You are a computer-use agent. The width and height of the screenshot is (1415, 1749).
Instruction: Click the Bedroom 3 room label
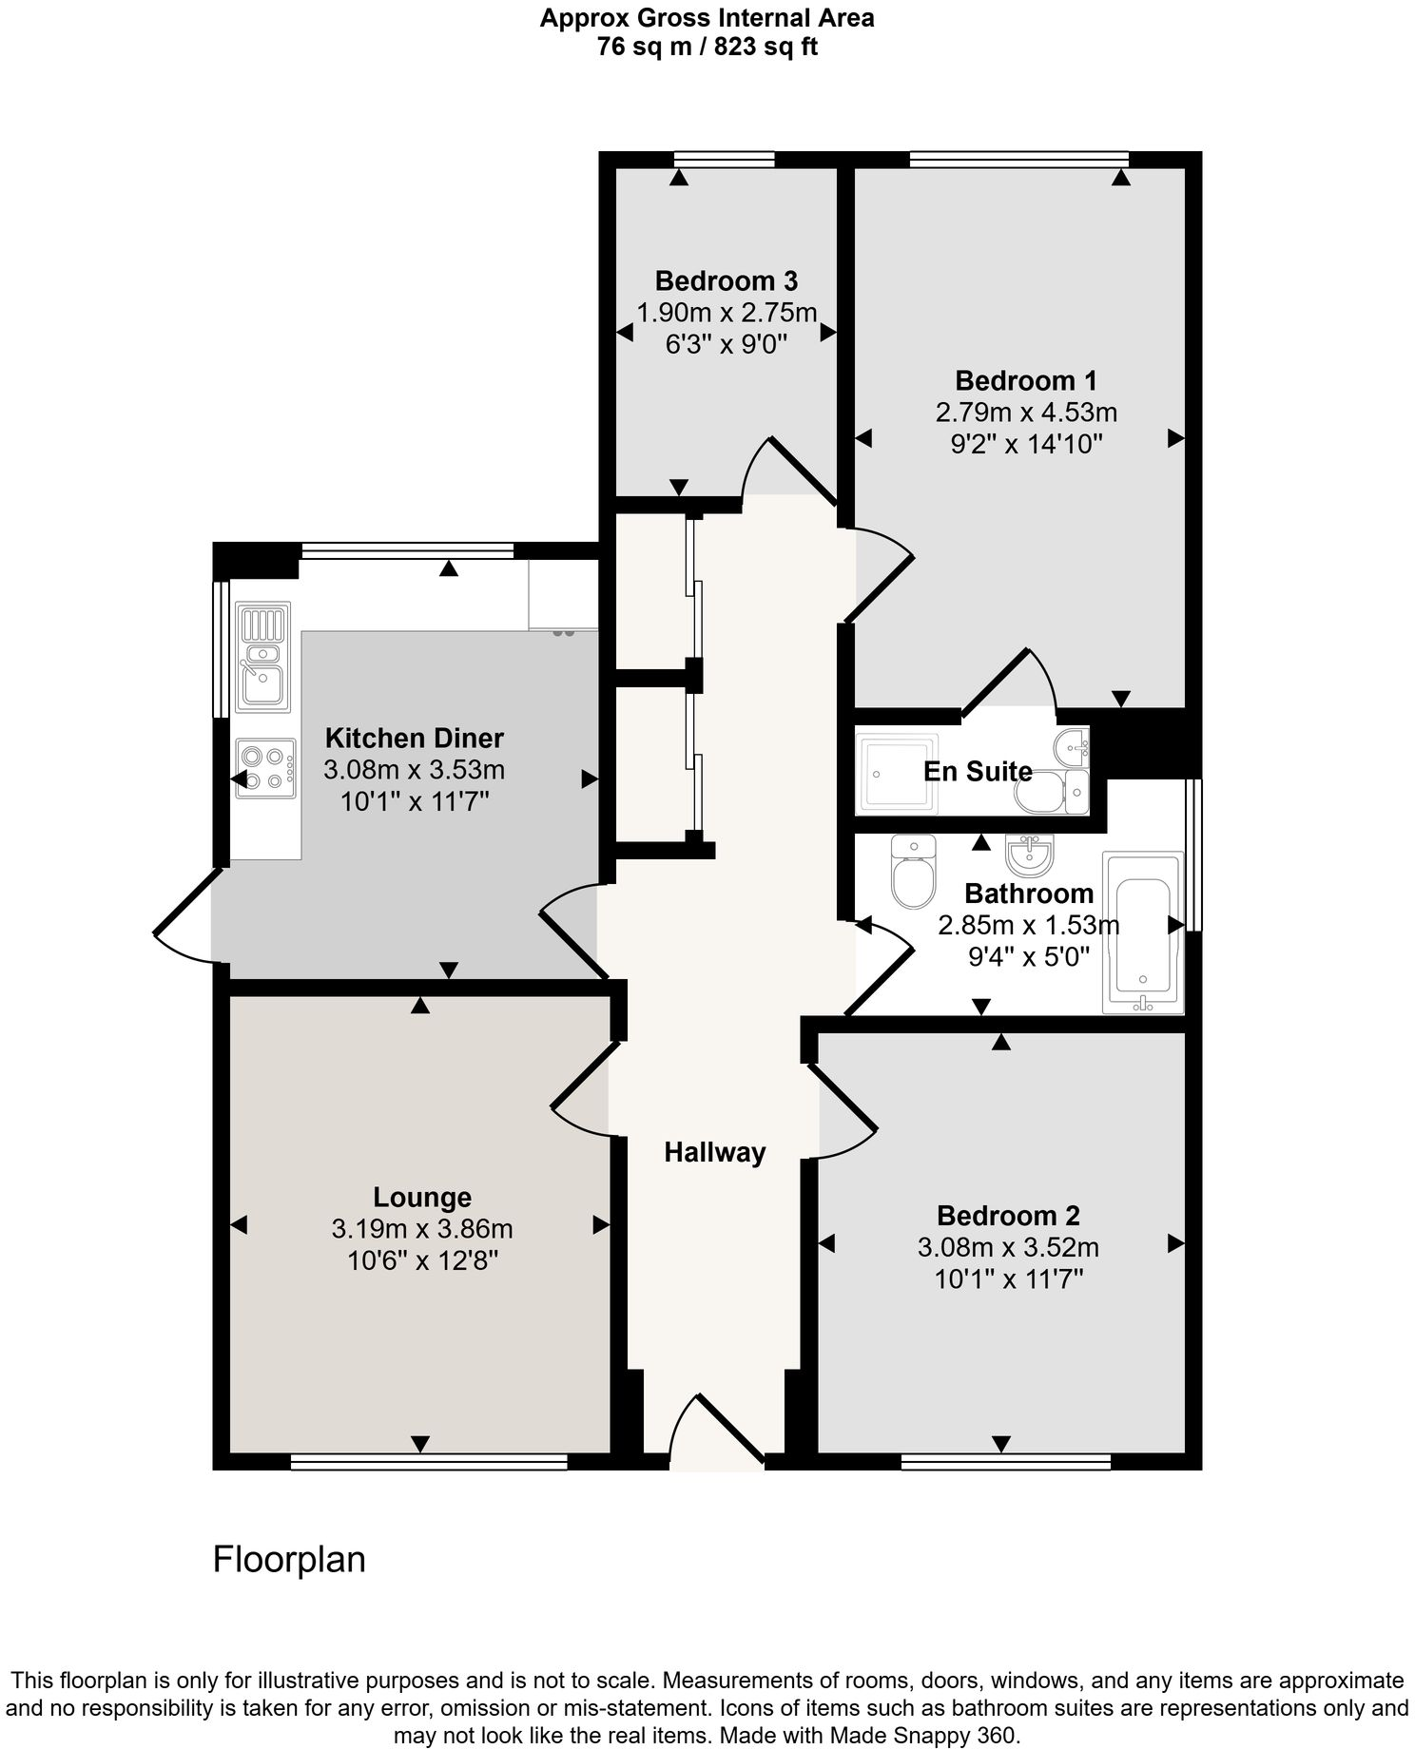tap(727, 281)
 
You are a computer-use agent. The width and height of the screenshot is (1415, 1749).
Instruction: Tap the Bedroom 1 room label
tap(1026, 381)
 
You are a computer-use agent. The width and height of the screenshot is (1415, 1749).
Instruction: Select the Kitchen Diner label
tap(415, 738)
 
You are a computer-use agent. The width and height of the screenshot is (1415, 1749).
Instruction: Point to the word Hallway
tap(715, 1153)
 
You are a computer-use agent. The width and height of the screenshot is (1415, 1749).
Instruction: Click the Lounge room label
tap(422, 1198)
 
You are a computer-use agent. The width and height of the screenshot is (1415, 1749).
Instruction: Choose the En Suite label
tap(979, 771)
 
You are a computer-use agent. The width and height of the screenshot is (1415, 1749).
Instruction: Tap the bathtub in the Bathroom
tap(1142, 932)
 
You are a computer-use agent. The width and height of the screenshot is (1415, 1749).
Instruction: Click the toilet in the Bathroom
tap(914, 870)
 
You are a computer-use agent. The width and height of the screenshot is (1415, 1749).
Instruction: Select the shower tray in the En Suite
tap(897, 773)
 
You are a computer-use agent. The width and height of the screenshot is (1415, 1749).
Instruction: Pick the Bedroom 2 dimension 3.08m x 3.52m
tap(1008, 1247)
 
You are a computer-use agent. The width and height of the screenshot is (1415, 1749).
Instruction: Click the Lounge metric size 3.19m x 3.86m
tap(422, 1229)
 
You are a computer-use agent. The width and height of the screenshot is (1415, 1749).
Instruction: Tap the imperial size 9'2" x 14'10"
tap(1026, 444)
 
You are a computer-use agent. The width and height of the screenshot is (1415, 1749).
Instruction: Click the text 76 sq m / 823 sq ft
tap(707, 47)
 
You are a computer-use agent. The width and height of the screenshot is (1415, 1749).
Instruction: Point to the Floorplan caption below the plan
tap(289, 1560)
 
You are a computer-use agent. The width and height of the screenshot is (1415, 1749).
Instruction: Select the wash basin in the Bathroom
tap(1029, 855)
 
